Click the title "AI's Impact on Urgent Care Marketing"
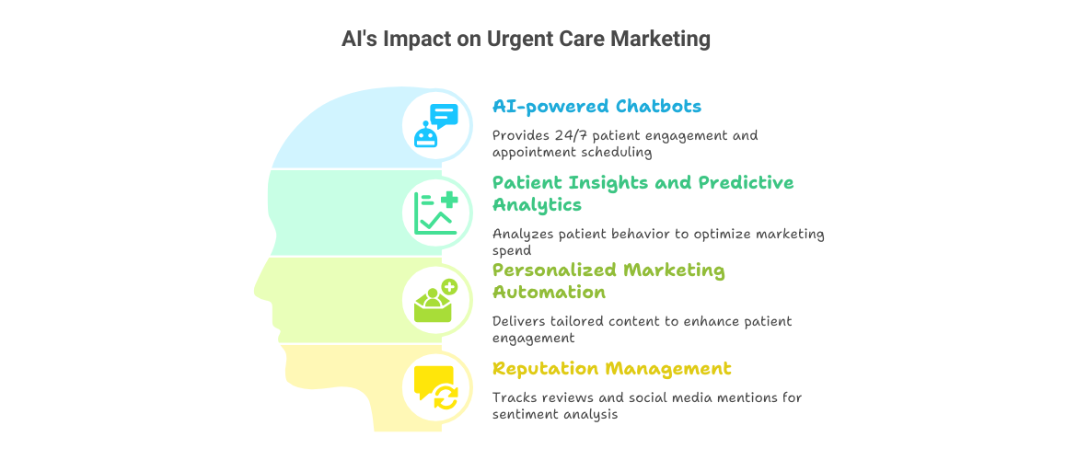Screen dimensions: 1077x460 click(526, 40)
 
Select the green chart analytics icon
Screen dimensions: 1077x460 click(435, 213)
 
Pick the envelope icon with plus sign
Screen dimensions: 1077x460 click(435, 301)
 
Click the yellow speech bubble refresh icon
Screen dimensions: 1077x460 click(435, 387)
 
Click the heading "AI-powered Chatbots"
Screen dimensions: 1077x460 click(596, 107)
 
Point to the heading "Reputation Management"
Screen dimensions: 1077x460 click(612, 369)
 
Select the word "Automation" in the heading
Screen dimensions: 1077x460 click(549, 292)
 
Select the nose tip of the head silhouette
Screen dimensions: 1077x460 click(255, 290)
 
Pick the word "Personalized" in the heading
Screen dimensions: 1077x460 click(553, 270)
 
